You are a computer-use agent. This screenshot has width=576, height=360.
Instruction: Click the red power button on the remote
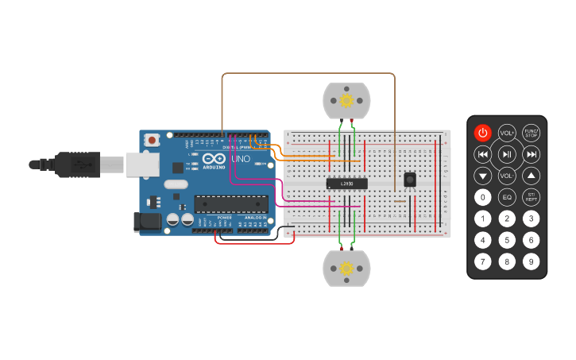click(x=483, y=133)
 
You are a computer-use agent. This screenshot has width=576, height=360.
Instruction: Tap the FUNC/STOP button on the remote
click(x=531, y=133)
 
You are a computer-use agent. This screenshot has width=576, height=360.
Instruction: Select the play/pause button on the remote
click(x=507, y=154)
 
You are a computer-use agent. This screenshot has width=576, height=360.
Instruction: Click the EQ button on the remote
click(x=507, y=197)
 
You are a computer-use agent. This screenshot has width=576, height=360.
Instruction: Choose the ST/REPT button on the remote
click(x=531, y=197)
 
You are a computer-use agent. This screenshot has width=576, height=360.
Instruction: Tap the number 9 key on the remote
click(x=531, y=261)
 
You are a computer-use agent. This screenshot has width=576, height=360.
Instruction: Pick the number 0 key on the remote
click(x=483, y=197)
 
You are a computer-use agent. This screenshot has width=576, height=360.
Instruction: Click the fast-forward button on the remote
click(x=531, y=154)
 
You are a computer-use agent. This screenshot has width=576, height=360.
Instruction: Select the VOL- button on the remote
click(x=507, y=176)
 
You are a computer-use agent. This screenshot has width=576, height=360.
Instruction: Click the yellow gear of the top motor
click(x=346, y=100)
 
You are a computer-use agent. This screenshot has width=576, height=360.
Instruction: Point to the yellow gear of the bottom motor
click(x=346, y=269)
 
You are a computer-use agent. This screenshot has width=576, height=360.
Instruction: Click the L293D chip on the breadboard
click(x=347, y=184)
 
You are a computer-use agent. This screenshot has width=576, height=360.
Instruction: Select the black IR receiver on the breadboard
click(x=410, y=180)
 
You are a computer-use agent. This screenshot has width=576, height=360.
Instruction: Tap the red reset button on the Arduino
click(x=152, y=140)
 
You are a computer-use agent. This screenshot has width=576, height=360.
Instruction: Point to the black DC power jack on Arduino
click(x=147, y=222)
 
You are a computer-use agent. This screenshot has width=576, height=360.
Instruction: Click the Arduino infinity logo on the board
click(x=214, y=158)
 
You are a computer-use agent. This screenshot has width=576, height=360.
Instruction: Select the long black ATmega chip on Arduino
click(x=231, y=204)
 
